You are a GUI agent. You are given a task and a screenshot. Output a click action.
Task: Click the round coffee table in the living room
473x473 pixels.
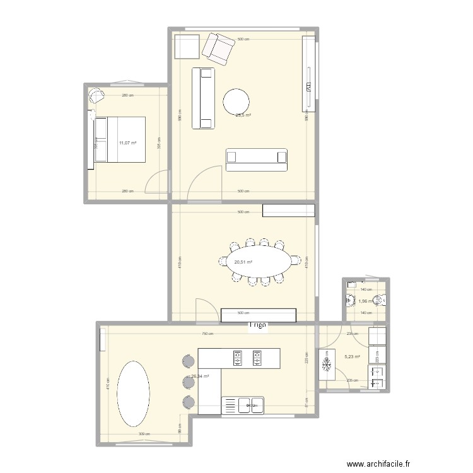coord(236,100)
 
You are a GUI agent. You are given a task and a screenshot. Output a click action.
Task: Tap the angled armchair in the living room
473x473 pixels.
coord(218,47)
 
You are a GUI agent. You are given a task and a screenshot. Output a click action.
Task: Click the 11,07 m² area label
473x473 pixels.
coord(127,143)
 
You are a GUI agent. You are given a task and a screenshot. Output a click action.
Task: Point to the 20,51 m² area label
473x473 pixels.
coord(243,262)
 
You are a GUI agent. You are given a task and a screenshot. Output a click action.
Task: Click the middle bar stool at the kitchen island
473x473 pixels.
coord(188,381)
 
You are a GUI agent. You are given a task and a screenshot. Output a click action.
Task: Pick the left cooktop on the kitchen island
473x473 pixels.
coord(237,358)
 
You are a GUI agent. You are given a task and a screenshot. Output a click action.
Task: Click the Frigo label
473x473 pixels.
coord(258,325)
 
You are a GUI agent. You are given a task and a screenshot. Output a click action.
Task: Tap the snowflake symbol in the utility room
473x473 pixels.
coord(327,364)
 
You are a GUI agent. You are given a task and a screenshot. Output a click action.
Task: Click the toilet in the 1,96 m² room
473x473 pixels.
coord(380,300)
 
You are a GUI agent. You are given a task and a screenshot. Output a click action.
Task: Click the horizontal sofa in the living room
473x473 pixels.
coord(256,160)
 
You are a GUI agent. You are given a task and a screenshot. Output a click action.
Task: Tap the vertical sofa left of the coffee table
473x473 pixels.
coord(204,98)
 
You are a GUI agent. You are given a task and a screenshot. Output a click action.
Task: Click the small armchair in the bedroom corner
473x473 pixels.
coord(96,95)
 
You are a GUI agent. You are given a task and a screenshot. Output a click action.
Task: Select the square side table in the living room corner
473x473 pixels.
coord(186,46)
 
